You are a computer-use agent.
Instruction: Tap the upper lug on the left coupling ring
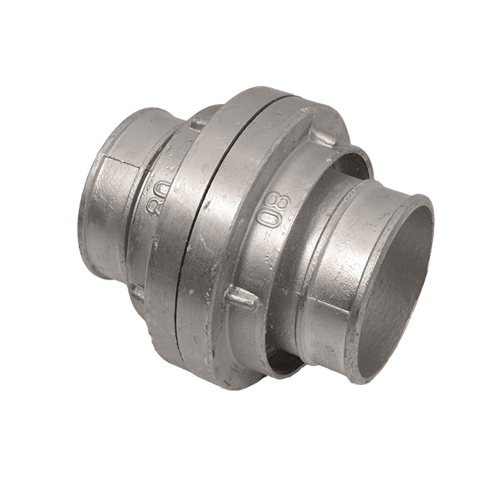[x=198, y=123]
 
